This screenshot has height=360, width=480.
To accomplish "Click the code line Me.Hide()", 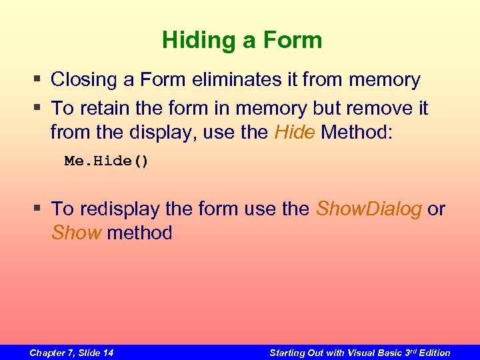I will pos(107,161).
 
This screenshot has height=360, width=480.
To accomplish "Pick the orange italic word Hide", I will pos(295,131).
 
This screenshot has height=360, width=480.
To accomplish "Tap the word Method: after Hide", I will pos(358,131).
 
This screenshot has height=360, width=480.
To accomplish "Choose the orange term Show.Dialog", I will pos(369,209).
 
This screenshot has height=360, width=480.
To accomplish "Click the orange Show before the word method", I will pos(77,233).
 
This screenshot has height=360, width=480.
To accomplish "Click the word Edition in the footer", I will pos(433,353).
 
